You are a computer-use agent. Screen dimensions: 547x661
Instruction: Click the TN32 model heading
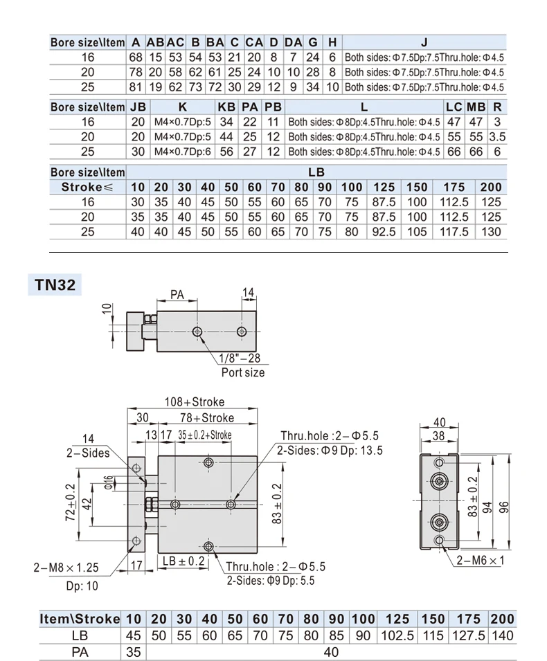click(55, 284)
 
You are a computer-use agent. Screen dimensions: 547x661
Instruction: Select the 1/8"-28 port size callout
click(240, 359)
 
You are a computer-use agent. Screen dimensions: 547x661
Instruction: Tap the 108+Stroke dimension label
click(195, 401)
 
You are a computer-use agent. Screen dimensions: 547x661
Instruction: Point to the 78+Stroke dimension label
click(207, 418)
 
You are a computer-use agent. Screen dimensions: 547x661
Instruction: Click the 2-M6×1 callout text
click(481, 560)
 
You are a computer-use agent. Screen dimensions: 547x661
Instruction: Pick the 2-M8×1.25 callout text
click(66, 568)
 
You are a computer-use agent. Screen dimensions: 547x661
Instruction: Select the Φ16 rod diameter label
click(109, 482)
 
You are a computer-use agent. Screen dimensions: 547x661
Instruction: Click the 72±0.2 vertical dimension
click(71, 502)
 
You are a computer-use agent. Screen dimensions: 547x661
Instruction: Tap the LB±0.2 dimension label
click(183, 561)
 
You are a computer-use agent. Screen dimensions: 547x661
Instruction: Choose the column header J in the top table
click(424, 42)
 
